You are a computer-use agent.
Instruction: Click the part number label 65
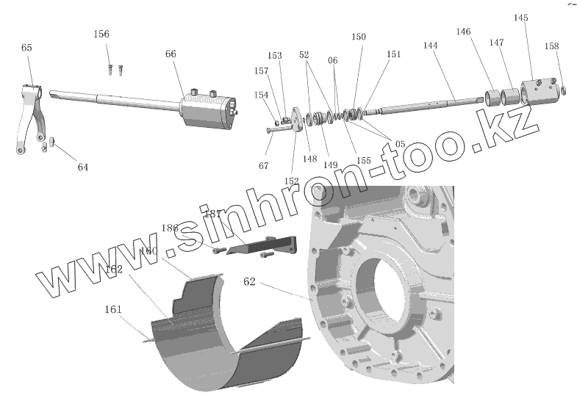point(26,48)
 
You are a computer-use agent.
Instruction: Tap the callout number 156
point(101,35)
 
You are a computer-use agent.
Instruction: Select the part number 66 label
point(171,54)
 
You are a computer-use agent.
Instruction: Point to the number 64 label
point(83,167)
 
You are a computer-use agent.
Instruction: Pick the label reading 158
point(552,46)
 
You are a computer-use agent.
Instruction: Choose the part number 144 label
point(431,46)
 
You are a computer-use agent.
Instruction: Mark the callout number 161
point(113,308)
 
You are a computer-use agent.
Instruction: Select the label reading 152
point(292,181)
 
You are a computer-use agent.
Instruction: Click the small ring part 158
point(563,90)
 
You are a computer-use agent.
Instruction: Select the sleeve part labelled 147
point(509,97)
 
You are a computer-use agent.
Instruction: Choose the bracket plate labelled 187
point(265,245)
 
